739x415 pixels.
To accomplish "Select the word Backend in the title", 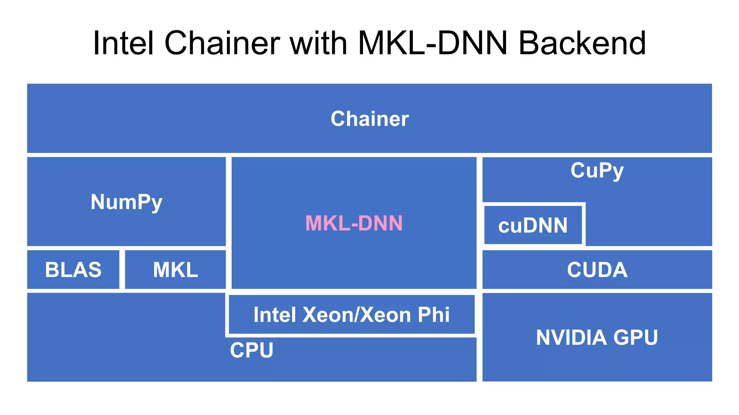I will click(x=582, y=43).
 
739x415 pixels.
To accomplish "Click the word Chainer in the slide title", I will click(x=222, y=43).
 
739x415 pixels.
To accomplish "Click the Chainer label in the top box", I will click(x=369, y=119).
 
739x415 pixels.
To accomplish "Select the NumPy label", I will click(x=126, y=202).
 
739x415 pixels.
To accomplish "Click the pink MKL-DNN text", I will click(x=354, y=223).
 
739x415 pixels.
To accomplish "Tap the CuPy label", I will click(x=597, y=171).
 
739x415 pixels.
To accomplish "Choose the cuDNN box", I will click(x=533, y=225).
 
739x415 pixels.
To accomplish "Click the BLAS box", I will click(x=73, y=270).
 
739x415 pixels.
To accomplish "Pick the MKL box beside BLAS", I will click(x=175, y=270).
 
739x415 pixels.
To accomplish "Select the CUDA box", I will click(x=597, y=270).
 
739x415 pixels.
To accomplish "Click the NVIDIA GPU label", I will click(x=597, y=337).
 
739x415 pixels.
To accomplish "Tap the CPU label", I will click(x=252, y=350).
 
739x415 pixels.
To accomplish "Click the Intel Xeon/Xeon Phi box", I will click(x=351, y=315).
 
